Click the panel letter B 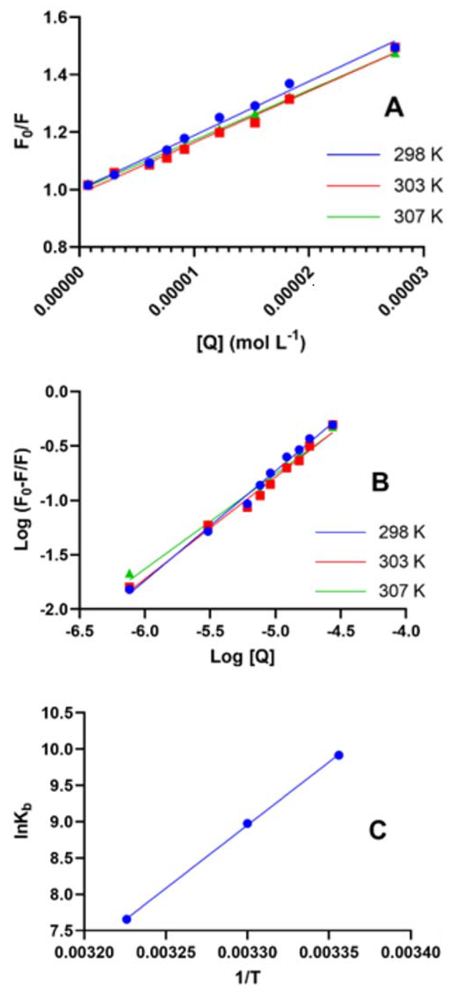coord(380,482)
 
